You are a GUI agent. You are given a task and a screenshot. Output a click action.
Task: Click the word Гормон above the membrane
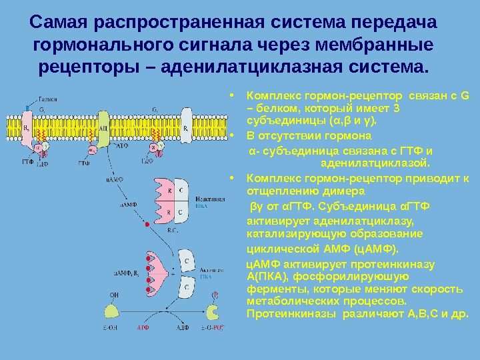coord(46,97)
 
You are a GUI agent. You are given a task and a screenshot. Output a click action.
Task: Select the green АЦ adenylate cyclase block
coord(104,127)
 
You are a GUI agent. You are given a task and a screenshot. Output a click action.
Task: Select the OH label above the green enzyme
coord(114,294)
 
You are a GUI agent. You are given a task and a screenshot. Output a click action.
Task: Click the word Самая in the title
coord(59,22)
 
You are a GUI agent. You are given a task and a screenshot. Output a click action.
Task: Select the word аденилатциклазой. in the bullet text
coord(375,161)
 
